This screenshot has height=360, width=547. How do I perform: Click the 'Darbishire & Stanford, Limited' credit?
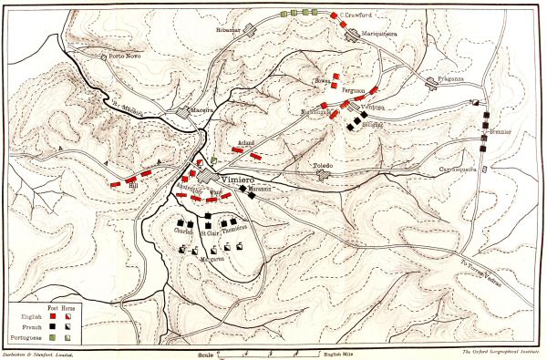tap(42, 352)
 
